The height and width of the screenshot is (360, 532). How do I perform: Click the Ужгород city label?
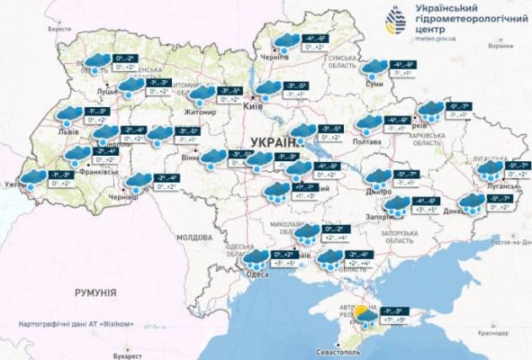18,184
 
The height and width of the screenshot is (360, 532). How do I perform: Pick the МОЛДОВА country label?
193,237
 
